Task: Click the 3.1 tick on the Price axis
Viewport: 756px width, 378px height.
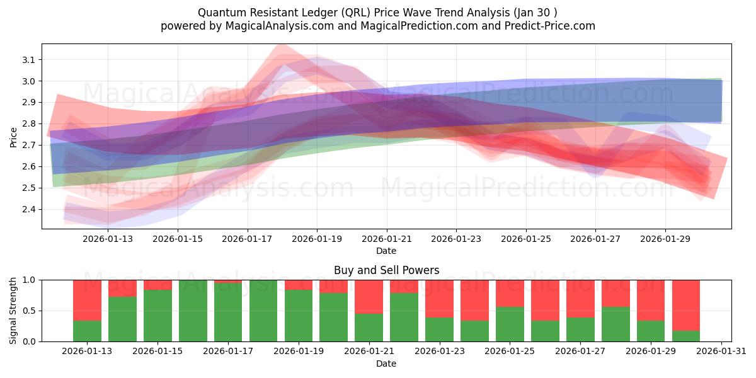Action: [29, 60]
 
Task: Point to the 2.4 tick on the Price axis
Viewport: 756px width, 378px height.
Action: [29, 209]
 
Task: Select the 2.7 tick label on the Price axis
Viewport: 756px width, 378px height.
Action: [29, 145]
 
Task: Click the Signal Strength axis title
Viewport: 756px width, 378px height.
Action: [13, 311]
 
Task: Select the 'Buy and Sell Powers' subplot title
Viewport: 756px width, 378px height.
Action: [386, 270]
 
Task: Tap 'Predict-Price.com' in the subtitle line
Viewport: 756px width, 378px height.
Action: [551, 26]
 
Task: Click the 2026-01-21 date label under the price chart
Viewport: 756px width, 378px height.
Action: [386, 239]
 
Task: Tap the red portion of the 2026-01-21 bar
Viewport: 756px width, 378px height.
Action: [369, 297]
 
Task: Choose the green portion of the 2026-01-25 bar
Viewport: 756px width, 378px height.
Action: [510, 324]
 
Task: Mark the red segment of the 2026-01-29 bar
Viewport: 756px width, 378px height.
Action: [651, 301]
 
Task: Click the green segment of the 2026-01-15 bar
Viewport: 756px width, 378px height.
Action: [157, 315]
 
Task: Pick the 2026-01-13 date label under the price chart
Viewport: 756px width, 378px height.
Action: [108, 239]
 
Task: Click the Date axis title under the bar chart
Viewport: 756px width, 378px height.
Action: [386, 364]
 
